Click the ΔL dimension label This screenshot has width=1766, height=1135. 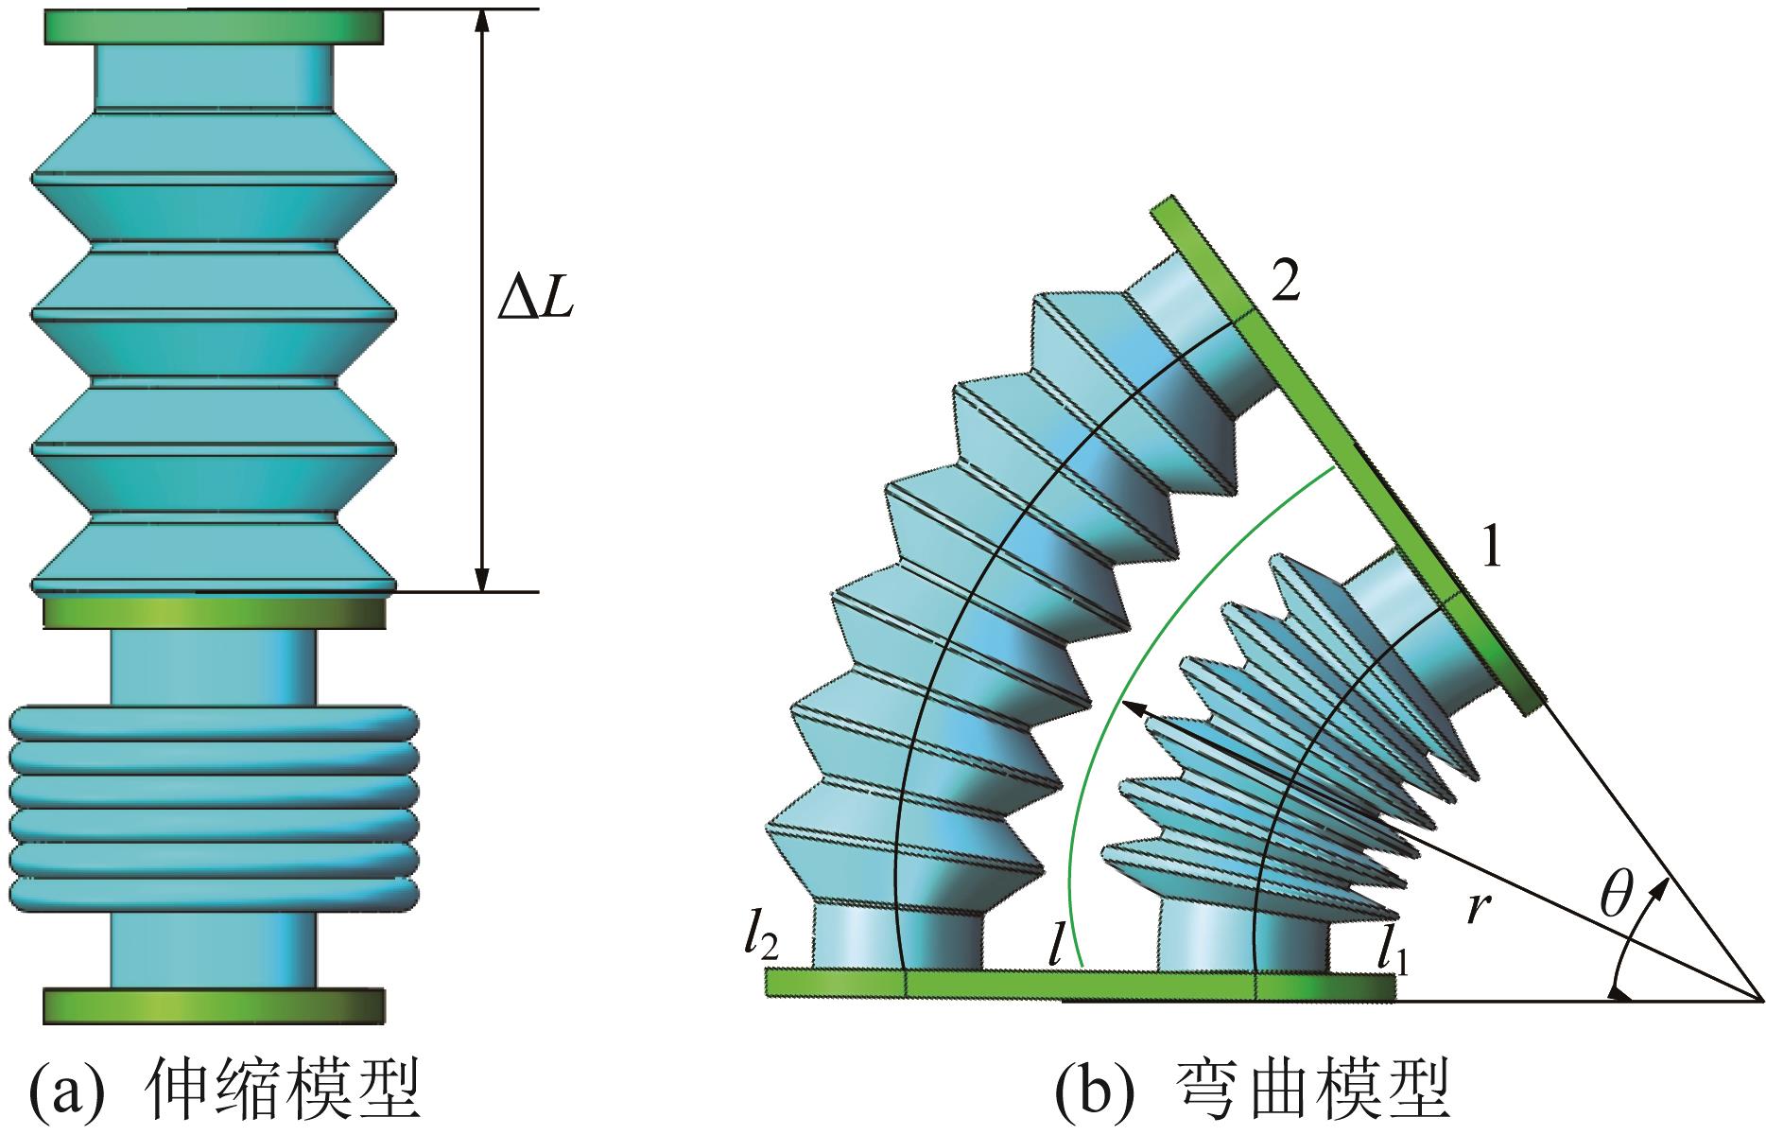[x=536, y=302]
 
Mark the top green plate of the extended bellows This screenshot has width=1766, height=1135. [x=214, y=27]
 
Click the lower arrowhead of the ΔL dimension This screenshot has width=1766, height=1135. [x=482, y=579]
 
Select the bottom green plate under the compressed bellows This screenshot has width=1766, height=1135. [x=214, y=1005]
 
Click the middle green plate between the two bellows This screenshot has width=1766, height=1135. [x=214, y=612]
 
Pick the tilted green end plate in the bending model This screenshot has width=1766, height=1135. [x=1347, y=454]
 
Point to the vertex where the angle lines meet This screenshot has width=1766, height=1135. [x=1759, y=999]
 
